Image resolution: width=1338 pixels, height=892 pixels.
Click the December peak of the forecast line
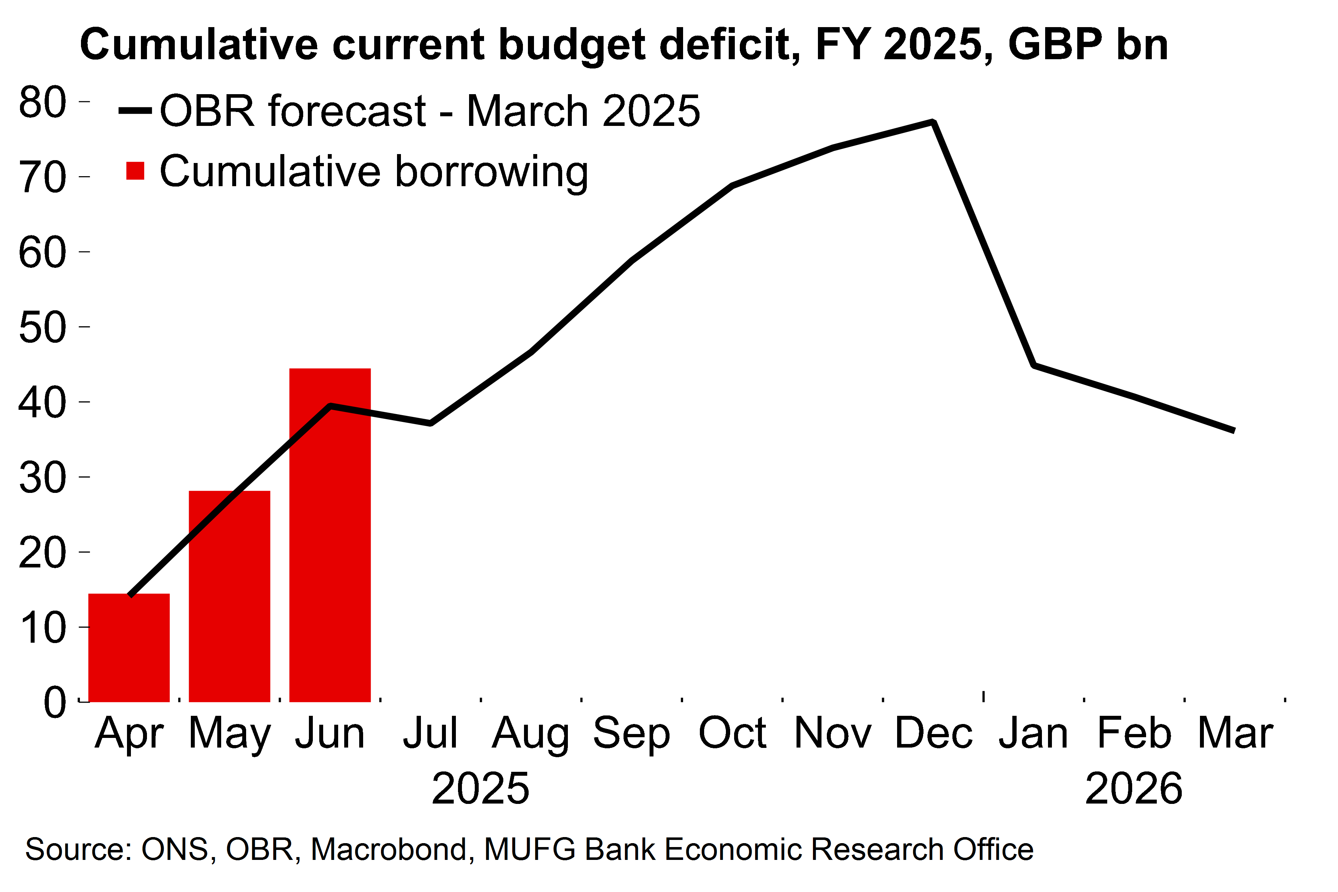point(933,122)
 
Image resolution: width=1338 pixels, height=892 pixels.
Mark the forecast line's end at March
point(1233,430)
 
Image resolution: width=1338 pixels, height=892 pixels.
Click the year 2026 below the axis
point(1134,789)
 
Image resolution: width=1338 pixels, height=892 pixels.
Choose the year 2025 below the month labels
point(481,789)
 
